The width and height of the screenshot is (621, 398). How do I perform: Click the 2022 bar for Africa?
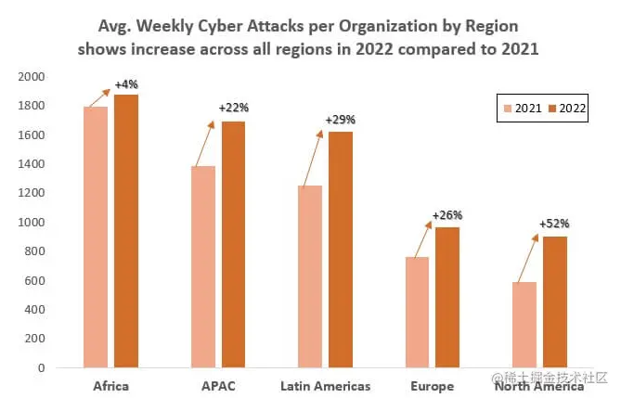pyautogui.click(x=126, y=231)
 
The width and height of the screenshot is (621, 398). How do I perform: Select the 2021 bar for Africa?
pyautogui.click(x=96, y=237)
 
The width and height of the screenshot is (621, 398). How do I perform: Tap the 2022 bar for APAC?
pyautogui.click(x=233, y=245)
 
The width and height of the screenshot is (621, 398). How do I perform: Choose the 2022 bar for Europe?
pyautogui.click(x=447, y=297)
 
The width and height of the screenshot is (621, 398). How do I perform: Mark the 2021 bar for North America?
pyautogui.click(x=524, y=325)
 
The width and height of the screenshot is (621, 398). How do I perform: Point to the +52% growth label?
pyautogui.click(x=556, y=224)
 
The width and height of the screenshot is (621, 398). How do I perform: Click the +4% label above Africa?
pyautogui.click(x=126, y=85)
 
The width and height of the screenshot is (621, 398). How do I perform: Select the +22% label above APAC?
pyautogui.click(x=234, y=109)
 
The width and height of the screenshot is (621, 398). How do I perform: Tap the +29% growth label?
pyautogui.click(x=341, y=120)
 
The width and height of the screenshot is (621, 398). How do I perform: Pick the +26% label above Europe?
pyautogui.click(x=447, y=215)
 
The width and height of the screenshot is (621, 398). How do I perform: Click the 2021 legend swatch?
pyautogui.click(x=507, y=109)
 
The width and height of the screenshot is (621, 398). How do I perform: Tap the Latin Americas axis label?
pyautogui.click(x=325, y=385)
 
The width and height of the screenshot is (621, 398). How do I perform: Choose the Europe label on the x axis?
pyautogui.click(x=433, y=385)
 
